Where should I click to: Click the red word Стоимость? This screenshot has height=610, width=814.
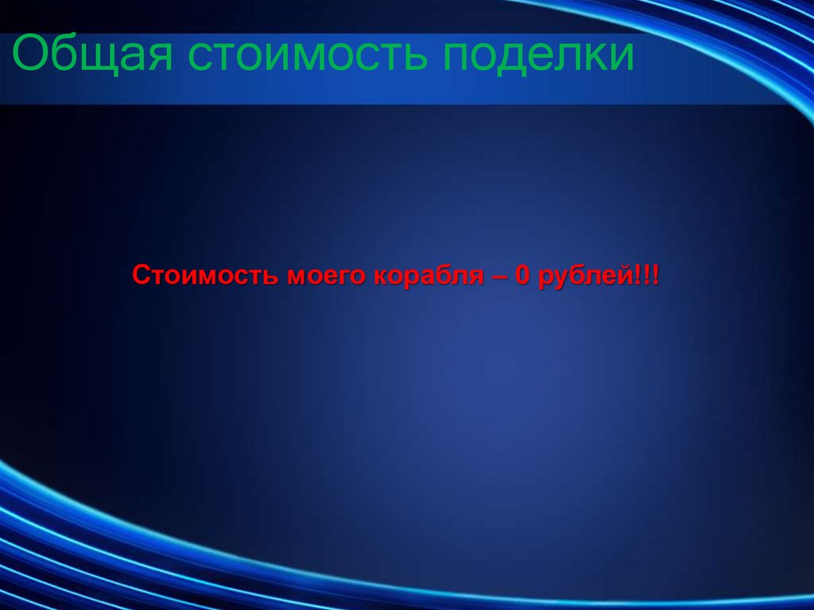[x=204, y=277]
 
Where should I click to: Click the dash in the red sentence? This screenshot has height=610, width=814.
[x=498, y=277]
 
